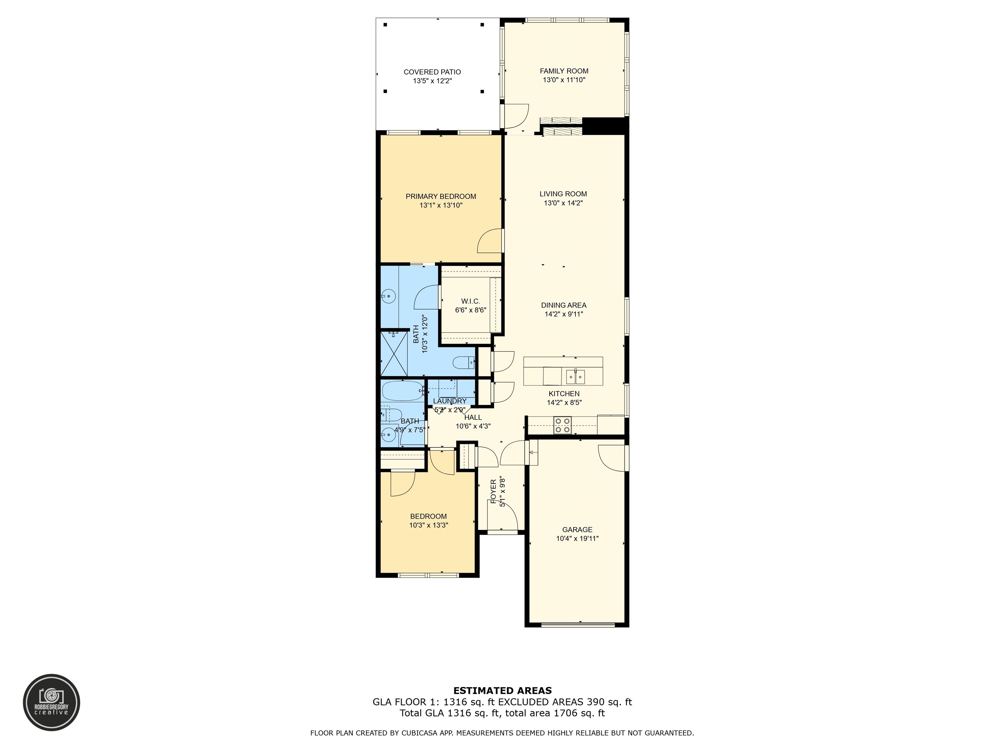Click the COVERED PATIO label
tap(432, 72)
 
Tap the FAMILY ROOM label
tap(564, 71)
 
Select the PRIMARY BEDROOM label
tap(441, 196)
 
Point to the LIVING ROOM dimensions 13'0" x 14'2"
tap(563, 203)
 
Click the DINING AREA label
tap(564, 305)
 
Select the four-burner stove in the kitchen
tap(562, 425)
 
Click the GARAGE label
tap(577, 530)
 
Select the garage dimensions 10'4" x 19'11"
tap(577, 539)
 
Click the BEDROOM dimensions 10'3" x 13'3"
tap(429, 525)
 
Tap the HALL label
tap(473, 417)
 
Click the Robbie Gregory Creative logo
tap(52, 702)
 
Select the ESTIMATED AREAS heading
tap(502, 691)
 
